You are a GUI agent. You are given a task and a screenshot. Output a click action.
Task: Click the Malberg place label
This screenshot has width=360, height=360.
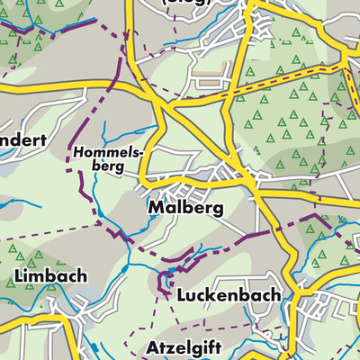point(183,209)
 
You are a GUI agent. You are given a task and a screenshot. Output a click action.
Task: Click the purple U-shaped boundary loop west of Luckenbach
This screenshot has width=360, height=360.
point(165,283)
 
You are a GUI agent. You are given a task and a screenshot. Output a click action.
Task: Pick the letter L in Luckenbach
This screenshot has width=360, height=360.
point(183,295)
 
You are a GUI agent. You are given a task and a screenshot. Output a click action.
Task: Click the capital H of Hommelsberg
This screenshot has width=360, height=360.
point(79,153)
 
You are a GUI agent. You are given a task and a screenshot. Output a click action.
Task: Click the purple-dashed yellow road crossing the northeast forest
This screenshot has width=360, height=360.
point(288,76)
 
